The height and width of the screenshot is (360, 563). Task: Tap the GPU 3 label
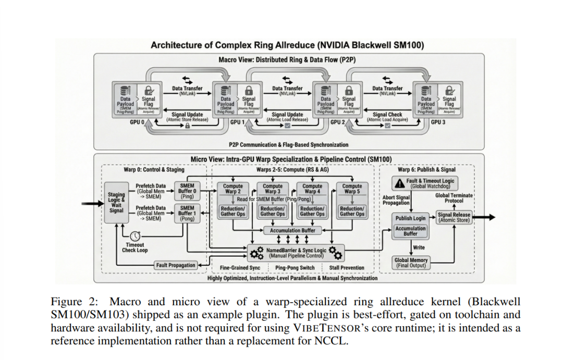tap(438, 122)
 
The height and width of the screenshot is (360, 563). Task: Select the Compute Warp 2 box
tap(232, 189)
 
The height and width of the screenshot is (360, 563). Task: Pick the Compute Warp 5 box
tap(352, 189)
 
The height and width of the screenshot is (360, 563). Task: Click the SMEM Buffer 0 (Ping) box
tap(188, 190)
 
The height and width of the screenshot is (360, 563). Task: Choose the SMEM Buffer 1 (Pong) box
tap(188, 213)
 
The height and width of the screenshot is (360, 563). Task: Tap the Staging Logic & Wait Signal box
tap(117, 203)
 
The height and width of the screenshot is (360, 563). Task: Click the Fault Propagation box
tap(176, 265)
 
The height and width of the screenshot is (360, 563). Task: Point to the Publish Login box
tap(410, 218)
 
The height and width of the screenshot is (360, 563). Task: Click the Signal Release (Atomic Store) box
tap(454, 217)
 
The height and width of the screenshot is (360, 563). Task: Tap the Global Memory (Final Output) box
tap(411, 263)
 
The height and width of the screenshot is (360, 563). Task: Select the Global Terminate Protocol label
tap(453, 198)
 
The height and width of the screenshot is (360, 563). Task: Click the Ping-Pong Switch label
tap(295, 268)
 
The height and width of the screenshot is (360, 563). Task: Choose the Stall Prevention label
tap(347, 268)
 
